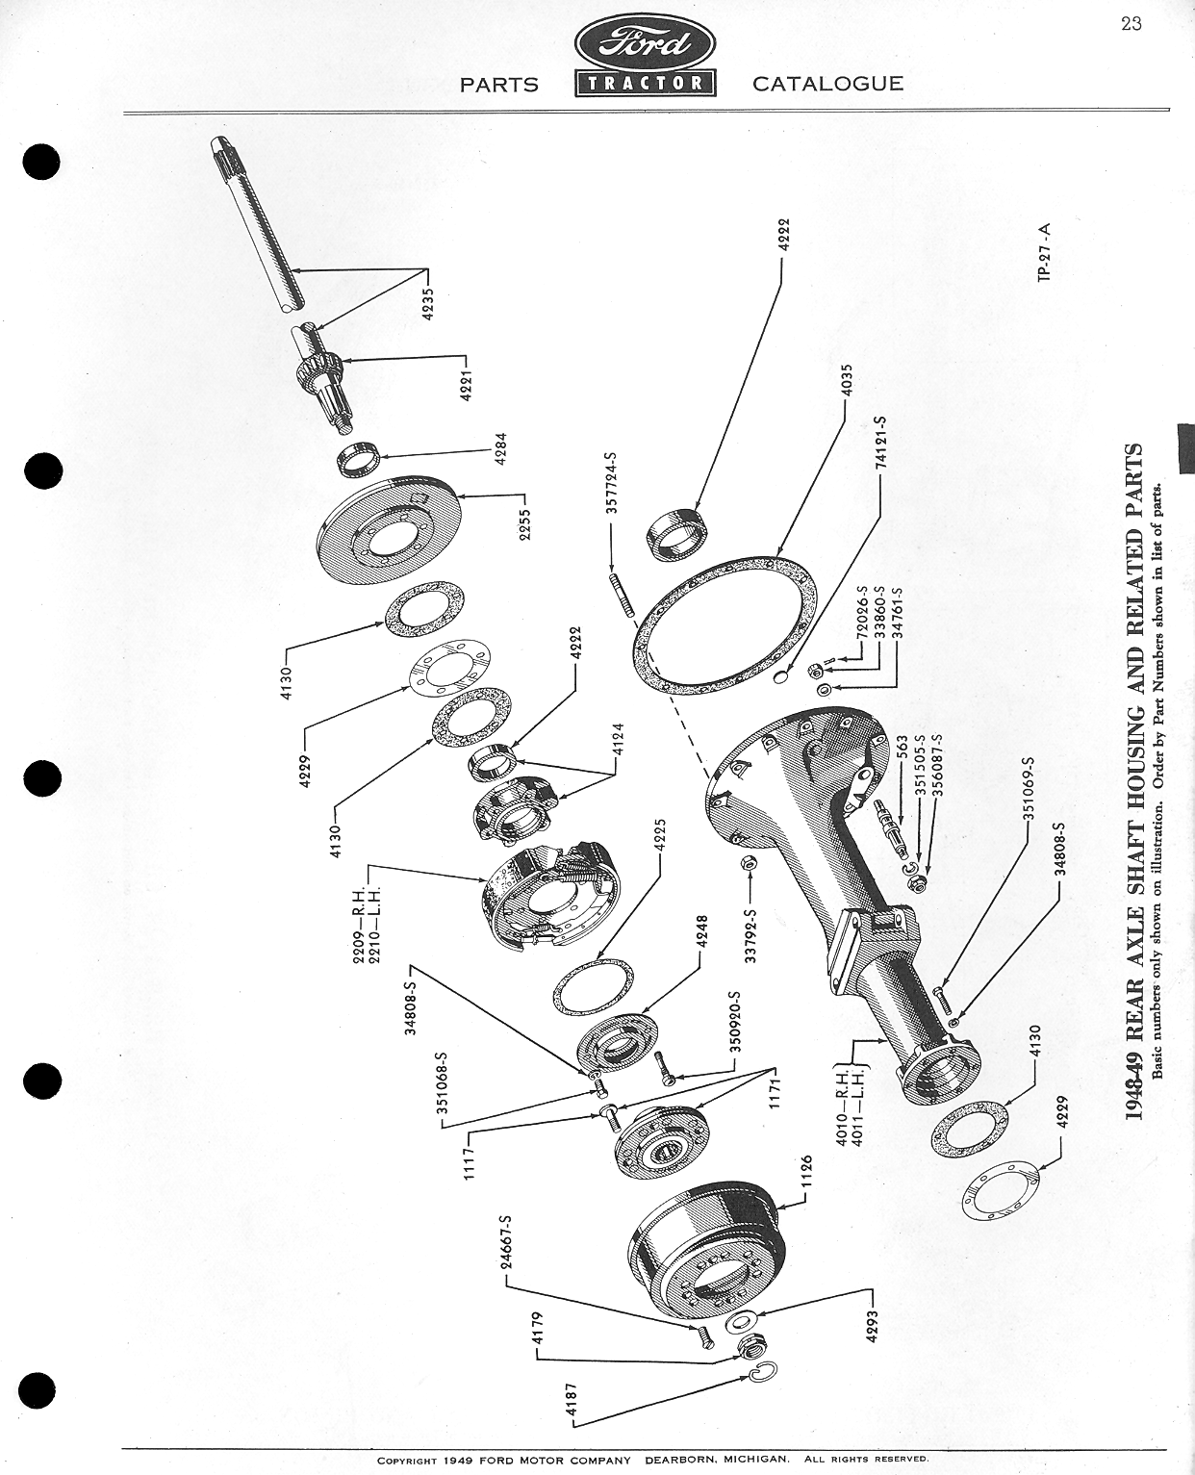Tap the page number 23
(1131, 24)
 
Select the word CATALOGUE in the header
(827, 84)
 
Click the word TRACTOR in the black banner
(644, 83)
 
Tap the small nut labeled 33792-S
(748, 864)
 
